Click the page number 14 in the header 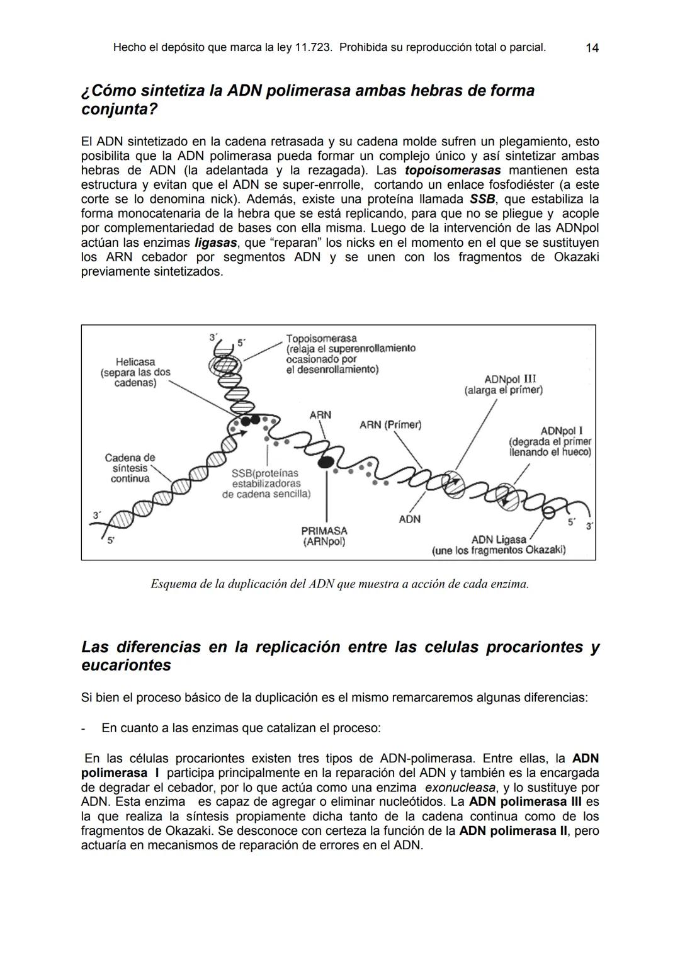point(591,48)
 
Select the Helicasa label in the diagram point(135,362)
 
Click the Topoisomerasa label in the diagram point(321,339)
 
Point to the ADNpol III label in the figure point(510,379)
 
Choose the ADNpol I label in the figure point(561,431)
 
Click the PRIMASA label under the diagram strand point(324,531)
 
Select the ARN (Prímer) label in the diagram point(390,425)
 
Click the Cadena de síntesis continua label point(130,468)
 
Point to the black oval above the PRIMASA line point(326,462)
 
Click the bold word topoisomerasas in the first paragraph point(453,171)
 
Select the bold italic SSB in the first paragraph point(482,200)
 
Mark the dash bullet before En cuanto point(84,728)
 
